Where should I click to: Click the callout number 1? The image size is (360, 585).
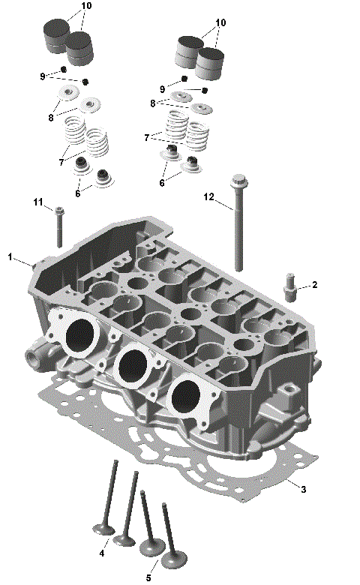[10, 257]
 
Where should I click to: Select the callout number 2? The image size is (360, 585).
[315, 285]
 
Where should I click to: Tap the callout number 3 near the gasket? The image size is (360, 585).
[303, 490]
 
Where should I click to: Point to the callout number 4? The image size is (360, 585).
[101, 553]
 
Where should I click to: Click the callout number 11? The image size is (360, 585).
[37, 202]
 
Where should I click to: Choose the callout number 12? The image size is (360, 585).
[209, 196]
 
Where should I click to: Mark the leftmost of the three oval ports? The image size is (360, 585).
[81, 336]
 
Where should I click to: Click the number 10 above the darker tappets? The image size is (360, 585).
[86, 6]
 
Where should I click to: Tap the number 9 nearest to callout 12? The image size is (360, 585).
[163, 90]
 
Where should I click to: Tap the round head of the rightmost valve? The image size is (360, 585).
[175, 559]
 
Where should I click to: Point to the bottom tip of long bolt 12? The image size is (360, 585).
[239, 268]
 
